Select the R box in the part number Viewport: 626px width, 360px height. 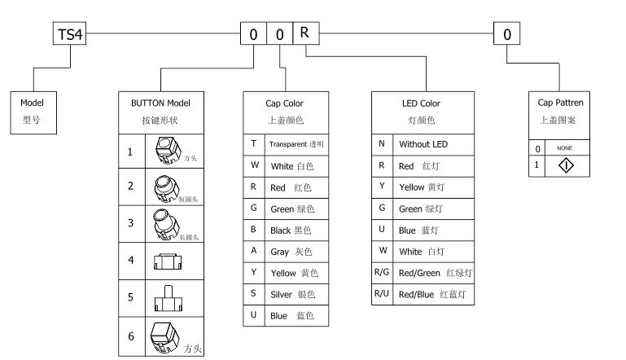(304, 33)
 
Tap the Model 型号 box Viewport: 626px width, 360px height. (32, 111)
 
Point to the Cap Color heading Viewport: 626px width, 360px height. (284, 111)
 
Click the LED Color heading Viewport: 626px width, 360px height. (422, 111)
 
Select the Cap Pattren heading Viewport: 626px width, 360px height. (561, 111)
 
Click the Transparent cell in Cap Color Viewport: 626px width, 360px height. (296, 143)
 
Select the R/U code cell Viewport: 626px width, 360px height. (381, 293)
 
